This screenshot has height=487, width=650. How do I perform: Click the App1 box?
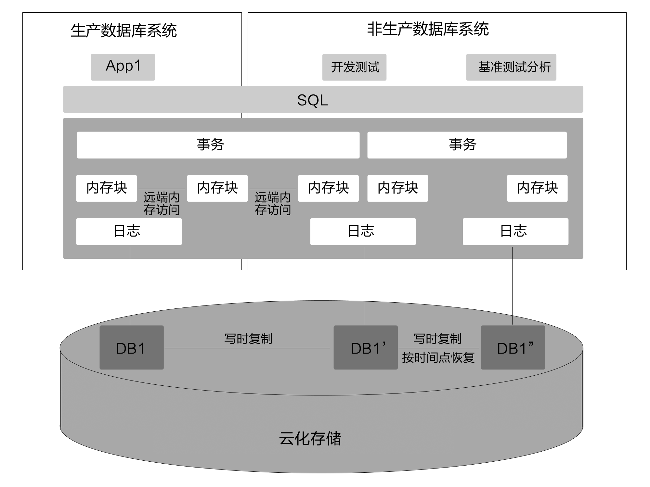tap(123, 67)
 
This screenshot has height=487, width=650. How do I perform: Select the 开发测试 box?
tap(354, 67)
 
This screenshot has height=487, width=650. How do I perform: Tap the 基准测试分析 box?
tap(511, 67)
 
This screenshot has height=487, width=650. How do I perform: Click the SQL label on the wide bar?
tap(312, 100)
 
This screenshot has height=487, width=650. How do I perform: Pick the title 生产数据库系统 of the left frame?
tap(123, 31)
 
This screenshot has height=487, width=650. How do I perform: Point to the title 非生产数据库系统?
tap(428, 29)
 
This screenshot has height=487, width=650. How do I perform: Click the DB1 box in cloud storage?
tap(131, 347)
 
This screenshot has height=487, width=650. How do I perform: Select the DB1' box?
tap(365, 347)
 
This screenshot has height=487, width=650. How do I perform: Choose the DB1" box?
tap(513, 347)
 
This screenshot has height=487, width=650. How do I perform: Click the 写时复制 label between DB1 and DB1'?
tap(248, 339)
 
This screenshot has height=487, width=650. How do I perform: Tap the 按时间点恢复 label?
tap(438, 357)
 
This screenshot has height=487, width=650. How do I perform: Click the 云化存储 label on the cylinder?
tap(310, 438)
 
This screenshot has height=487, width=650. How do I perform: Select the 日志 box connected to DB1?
tap(129, 231)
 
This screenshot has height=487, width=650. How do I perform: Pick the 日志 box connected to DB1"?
tap(515, 231)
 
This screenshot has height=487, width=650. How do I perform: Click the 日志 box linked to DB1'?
tap(363, 231)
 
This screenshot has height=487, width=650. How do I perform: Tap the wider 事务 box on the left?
tap(218, 145)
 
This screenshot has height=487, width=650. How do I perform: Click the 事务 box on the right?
tap(467, 145)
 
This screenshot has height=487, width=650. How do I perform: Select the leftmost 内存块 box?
tap(106, 188)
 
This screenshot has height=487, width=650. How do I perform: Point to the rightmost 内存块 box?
tap(537, 188)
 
